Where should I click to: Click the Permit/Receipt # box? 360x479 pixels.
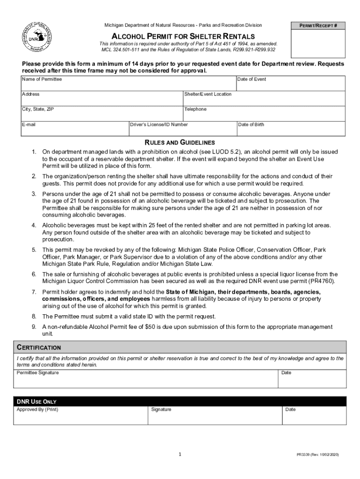pos(318,39)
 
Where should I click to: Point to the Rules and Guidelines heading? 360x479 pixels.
pos(180,142)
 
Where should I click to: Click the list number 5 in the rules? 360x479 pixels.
pos(34,250)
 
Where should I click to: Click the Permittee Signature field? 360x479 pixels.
pos(145,379)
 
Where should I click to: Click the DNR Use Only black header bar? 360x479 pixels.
pos(180,401)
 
